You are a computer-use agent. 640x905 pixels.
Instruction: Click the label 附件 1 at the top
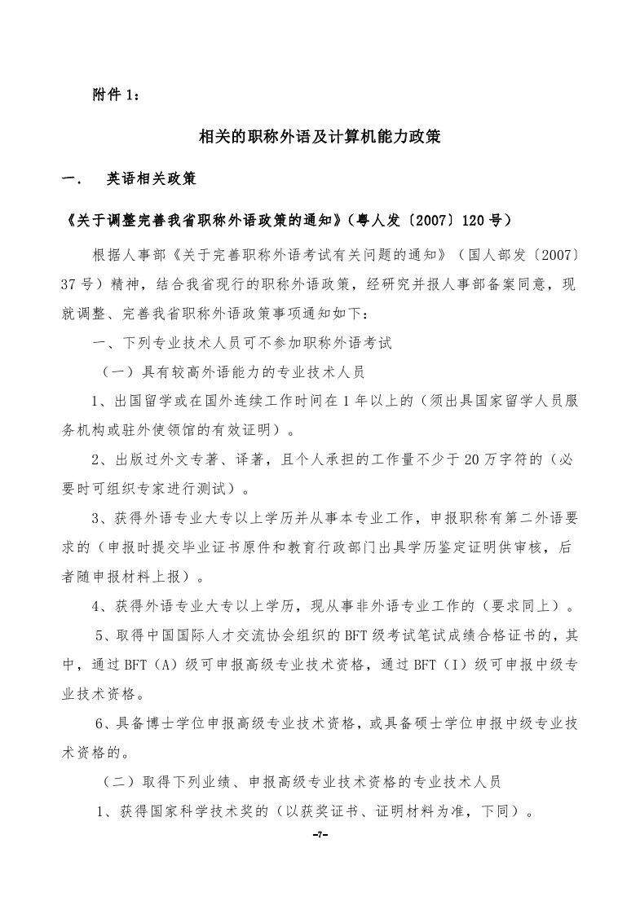click(117, 95)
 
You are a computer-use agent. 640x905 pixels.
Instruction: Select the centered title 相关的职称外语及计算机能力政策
click(320, 137)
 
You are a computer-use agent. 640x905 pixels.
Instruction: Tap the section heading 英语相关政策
click(151, 178)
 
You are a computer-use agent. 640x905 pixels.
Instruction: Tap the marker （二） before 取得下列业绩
click(120, 781)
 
